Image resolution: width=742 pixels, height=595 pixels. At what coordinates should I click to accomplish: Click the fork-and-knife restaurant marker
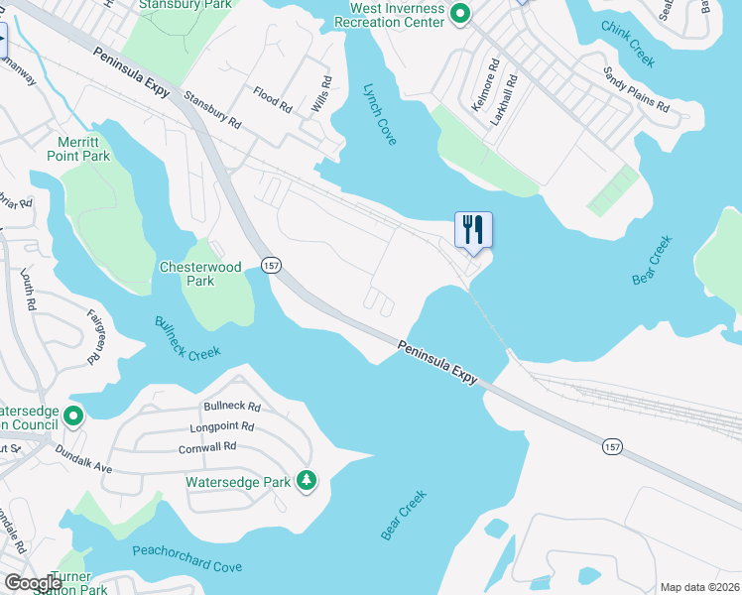coord(473,230)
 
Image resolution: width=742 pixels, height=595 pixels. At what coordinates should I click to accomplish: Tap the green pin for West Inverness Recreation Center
coord(459,14)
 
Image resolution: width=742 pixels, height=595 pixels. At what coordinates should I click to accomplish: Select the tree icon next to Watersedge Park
coord(308,481)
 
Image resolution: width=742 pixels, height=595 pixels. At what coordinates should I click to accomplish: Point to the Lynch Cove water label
coord(379,114)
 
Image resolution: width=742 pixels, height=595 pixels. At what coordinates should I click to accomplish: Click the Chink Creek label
coord(628,45)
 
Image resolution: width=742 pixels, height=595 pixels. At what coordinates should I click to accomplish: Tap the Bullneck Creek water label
coord(187,338)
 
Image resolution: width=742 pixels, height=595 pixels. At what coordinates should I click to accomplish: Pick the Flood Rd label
coord(272,97)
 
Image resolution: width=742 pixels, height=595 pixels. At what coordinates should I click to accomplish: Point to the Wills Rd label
coord(322,93)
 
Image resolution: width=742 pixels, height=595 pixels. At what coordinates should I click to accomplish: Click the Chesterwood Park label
coord(186,274)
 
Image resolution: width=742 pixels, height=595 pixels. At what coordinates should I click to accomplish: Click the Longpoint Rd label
coord(222,427)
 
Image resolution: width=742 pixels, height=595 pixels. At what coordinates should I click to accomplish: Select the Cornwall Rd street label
coord(207,446)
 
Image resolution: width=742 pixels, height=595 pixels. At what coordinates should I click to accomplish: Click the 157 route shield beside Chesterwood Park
coord(271,265)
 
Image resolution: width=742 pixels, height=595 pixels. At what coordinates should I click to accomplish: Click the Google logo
coord(33,584)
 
